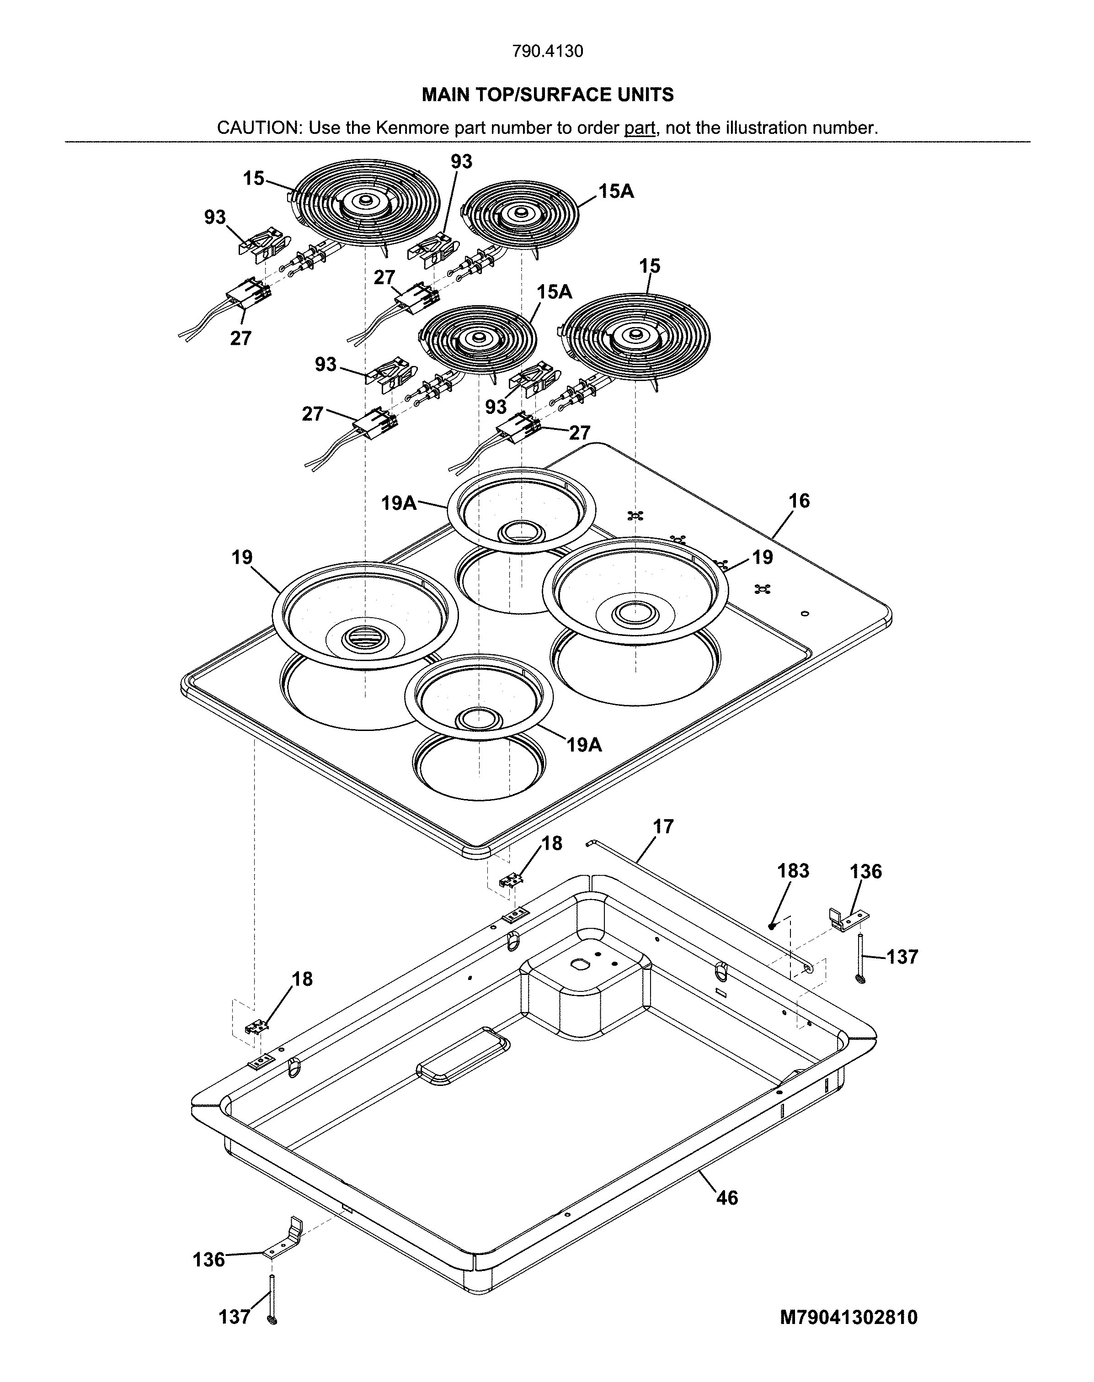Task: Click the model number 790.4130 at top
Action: [x=548, y=51]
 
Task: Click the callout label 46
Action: [x=727, y=1197]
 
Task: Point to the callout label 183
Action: [x=794, y=871]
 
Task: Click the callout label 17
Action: [x=663, y=826]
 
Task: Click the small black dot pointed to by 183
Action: [x=772, y=926]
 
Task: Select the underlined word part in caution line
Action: [x=639, y=128]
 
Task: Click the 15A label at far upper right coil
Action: [x=616, y=191]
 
